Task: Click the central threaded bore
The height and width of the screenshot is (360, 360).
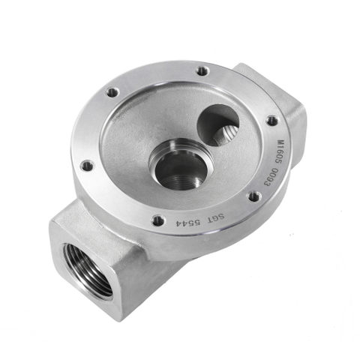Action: pyautogui.click(x=178, y=166)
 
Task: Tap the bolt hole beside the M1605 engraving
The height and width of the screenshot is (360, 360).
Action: pyautogui.click(x=271, y=120)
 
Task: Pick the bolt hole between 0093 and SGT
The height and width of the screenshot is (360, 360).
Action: pyautogui.click(x=254, y=196)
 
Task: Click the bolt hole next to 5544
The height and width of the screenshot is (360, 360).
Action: pyautogui.click(x=157, y=220)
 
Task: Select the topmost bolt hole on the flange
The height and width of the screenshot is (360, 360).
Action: pyautogui.click(x=202, y=71)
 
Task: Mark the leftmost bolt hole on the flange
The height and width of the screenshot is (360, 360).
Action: pyautogui.click(x=87, y=165)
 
